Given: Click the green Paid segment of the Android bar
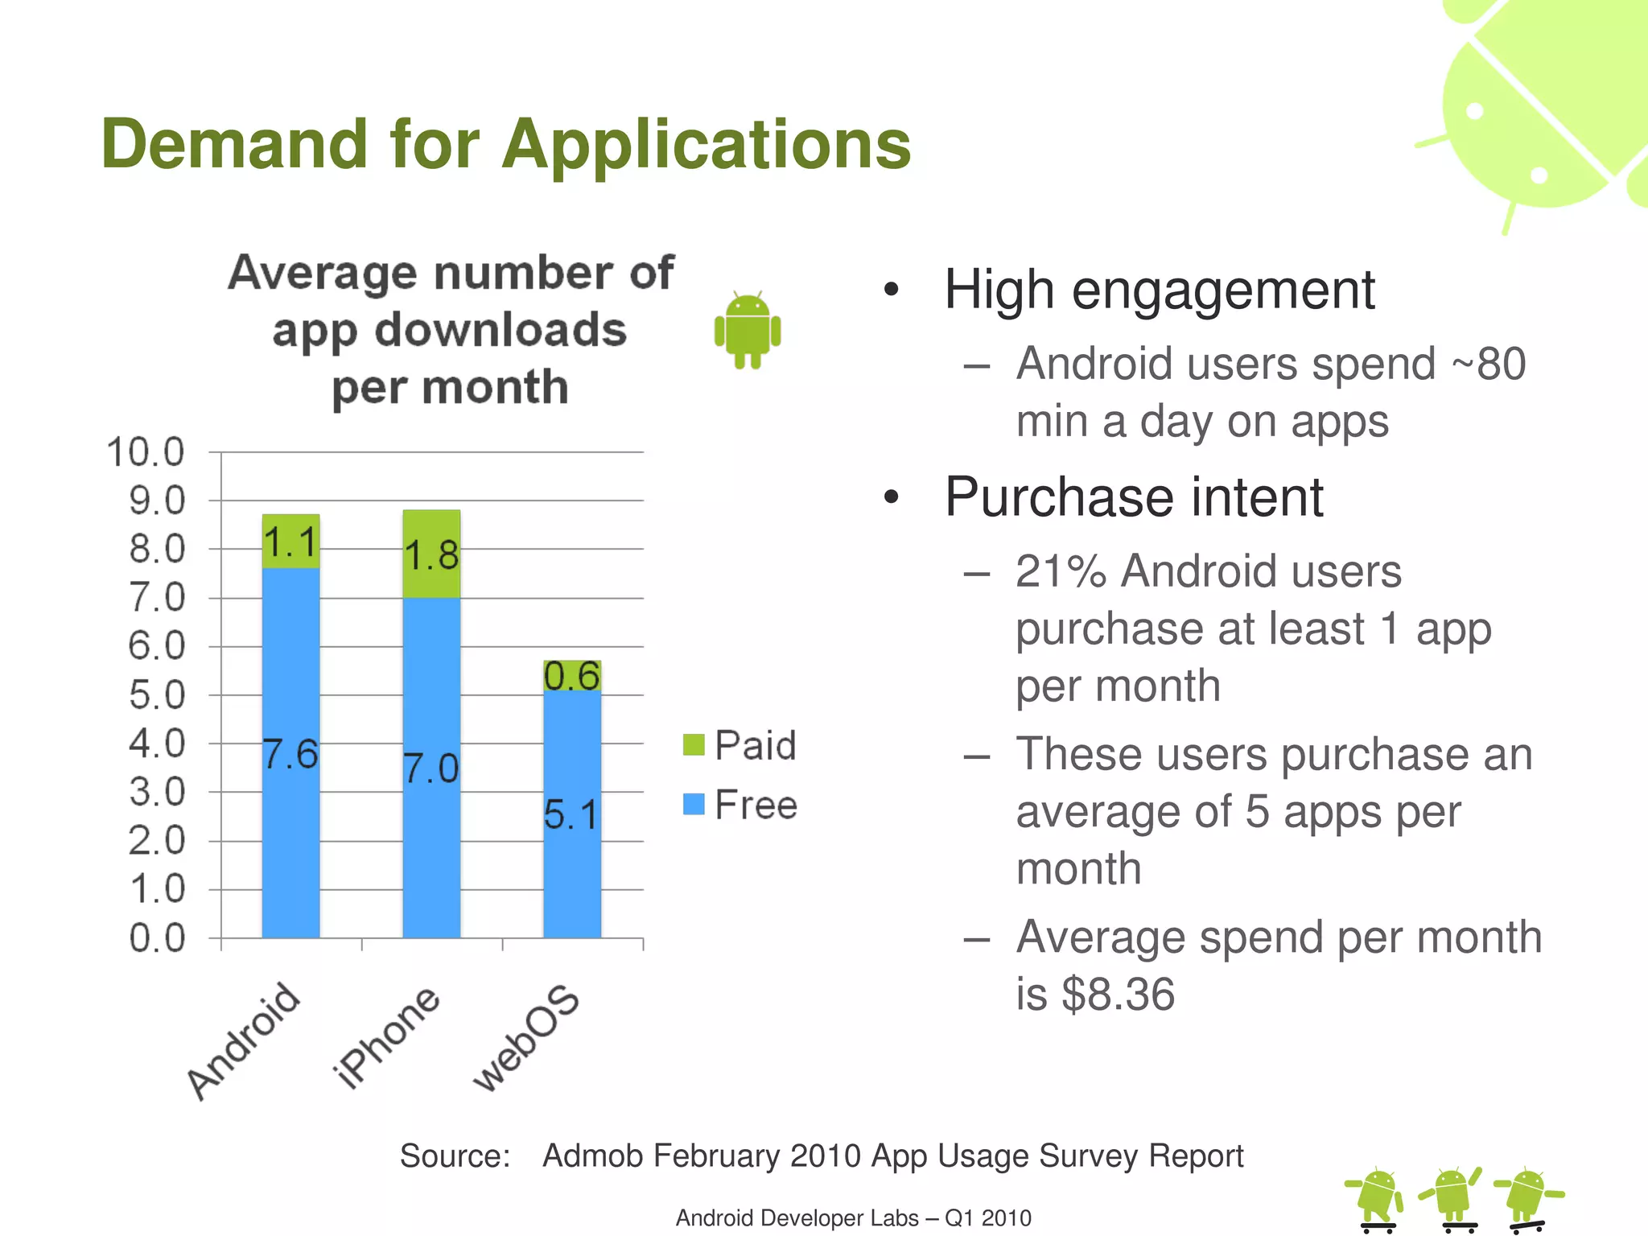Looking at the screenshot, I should coord(290,541).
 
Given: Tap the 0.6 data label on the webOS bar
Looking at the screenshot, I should coord(571,676).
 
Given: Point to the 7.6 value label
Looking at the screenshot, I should coord(290,754).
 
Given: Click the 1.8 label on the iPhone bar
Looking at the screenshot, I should coord(431,555).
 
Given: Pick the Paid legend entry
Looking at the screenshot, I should coord(740,745).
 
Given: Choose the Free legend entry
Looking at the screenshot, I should coord(740,805).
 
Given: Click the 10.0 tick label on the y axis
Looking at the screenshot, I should coord(146,452).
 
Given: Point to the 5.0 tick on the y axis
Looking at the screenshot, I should coord(157,695).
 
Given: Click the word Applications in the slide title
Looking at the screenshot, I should coord(707,145).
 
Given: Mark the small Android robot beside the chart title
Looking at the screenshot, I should coord(748,331).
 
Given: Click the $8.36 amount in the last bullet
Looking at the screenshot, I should coord(1119,995).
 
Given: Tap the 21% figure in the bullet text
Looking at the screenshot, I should coord(1061,571).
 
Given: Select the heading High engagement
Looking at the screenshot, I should coord(1159,290).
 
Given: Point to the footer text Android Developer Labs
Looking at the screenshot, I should coord(797,1218).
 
